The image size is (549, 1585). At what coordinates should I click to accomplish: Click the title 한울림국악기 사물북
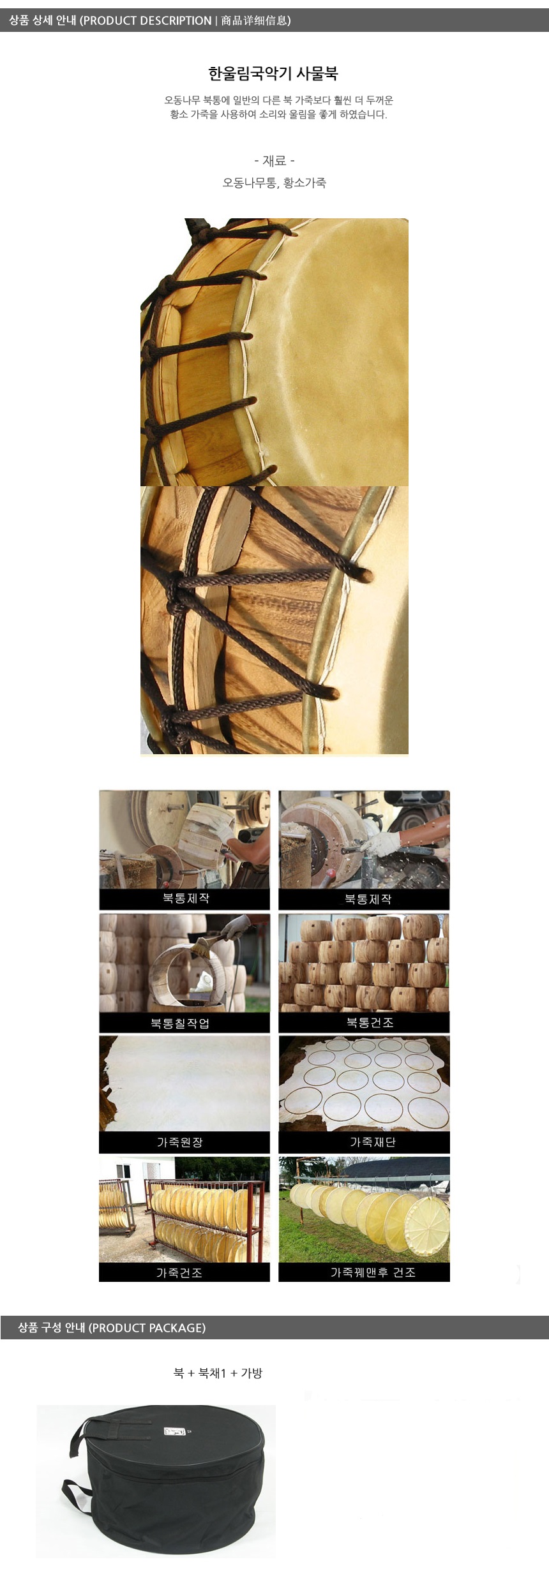pos(273,73)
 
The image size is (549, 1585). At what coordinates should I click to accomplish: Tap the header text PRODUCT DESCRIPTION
pos(147,20)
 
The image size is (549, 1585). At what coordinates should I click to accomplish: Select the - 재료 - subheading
pos(274,161)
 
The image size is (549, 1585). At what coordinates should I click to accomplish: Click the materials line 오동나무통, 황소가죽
pos(274,183)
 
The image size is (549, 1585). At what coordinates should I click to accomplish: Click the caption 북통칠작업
pos(180,1023)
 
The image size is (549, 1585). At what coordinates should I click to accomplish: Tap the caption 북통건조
pos(370,1022)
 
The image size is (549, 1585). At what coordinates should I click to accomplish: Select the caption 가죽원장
pos(180,1142)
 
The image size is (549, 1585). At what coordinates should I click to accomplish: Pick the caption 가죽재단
pos(373,1142)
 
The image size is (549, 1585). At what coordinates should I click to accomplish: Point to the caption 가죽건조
pos(179,1273)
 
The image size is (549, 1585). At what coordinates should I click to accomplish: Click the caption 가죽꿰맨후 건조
pos(373,1272)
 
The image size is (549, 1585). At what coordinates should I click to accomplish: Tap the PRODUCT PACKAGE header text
pos(147,1328)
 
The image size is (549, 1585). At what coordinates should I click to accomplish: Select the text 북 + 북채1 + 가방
pos(218,1373)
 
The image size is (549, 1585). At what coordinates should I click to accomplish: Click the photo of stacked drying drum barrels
pos(364,963)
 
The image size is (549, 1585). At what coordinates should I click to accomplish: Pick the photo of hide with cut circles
pos(364,1083)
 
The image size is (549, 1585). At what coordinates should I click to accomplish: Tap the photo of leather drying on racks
pos(184,1209)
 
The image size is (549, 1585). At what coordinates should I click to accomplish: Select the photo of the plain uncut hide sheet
pos(184,1083)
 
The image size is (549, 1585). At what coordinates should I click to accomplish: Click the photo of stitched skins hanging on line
pos(364,1209)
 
